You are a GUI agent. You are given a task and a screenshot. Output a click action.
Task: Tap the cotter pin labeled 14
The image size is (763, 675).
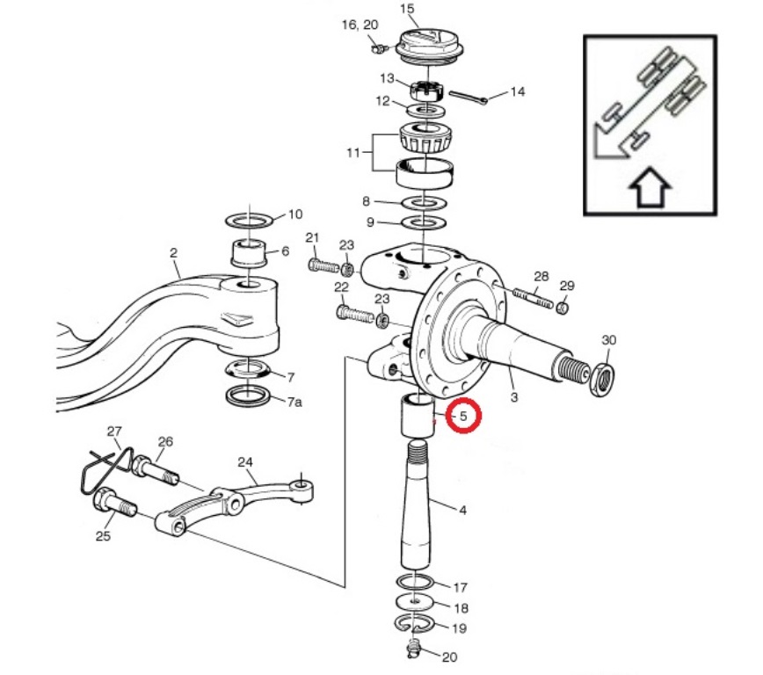pyautogui.click(x=469, y=97)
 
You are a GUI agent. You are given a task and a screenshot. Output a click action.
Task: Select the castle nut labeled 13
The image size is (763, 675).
pyautogui.click(x=426, y=91)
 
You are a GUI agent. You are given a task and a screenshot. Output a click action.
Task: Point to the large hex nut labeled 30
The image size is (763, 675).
pyautogui.click(x=602, y=378)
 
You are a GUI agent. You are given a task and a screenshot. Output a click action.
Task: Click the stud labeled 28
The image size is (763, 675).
pyautogui.click(x=533, y=298)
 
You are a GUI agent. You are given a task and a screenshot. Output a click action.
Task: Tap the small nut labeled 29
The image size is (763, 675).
pyautogui.click(x=563, y=308)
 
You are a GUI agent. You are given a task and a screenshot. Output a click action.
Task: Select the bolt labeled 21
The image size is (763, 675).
pyautogui.click(x=323, y=265)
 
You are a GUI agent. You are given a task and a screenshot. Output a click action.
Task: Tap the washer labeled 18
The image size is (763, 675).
pyautogui.click(x=415, y=602)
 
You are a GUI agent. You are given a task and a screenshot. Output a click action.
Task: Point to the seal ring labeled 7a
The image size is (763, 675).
pyautogui.click(x=248, y=395)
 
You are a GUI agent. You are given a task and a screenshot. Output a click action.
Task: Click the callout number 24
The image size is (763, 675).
pyautogui.click(x=245, y=461)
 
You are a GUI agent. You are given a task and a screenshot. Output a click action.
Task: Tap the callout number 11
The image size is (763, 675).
pyautogui.click(x=353, y=153)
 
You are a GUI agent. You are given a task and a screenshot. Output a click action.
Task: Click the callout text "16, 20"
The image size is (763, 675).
pyautogui.click(x=360, y=25)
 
